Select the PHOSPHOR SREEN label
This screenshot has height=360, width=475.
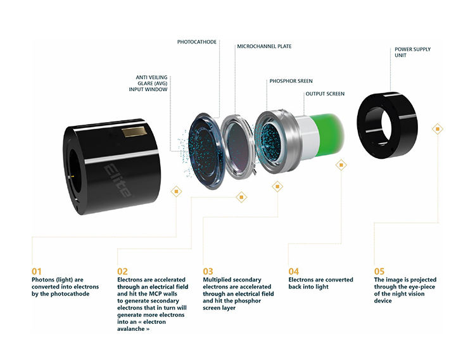[x=291, y=81]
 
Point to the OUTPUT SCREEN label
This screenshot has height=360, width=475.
[x=326, y=94]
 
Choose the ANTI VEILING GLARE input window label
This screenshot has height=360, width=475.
[x=148, y=84]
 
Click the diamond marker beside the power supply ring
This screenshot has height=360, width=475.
[x=436, y=128]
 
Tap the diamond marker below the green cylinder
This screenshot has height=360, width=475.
[x=341, y=165]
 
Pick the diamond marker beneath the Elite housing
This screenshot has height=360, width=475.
[x=176, y=190]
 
